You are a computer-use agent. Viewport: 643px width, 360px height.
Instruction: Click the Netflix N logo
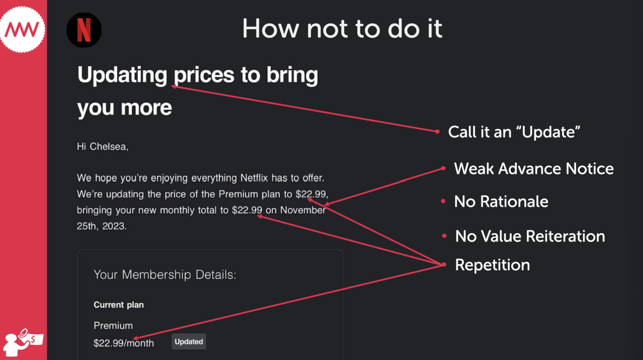84,30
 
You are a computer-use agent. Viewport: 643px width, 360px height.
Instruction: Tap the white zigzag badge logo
22,30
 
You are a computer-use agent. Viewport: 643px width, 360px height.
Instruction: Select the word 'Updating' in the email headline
122,75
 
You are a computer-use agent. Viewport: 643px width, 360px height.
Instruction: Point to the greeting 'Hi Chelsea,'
102,146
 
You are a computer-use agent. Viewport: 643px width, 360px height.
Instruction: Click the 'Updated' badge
189,342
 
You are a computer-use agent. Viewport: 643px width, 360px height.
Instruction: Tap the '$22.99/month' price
124,343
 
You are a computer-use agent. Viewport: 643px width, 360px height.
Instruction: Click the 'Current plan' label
118,305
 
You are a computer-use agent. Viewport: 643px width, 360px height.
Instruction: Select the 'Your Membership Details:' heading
165,275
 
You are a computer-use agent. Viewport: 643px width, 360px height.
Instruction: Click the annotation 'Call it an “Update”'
514,132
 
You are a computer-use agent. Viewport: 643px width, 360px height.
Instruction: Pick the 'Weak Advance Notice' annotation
534,169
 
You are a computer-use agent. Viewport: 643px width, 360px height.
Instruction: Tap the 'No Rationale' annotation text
501,201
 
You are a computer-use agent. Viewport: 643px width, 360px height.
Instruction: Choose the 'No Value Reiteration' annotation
530,236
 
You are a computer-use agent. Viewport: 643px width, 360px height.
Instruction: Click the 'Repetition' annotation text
492,265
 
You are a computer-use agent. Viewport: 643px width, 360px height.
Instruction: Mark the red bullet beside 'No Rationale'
443,201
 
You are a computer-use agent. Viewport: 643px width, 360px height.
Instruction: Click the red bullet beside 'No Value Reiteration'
444,236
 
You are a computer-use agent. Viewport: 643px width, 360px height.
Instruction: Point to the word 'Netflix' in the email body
254,178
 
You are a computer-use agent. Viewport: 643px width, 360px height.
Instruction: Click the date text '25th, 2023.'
102,226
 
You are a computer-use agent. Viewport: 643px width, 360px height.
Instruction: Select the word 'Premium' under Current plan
113,326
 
